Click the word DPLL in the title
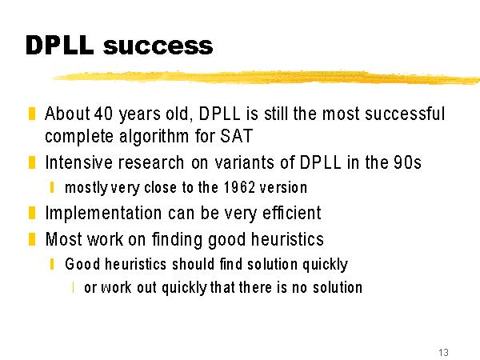point(60,46)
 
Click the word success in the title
point(158,46)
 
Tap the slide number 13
point(443,352)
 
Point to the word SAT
point(236,136)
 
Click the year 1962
point(239,187)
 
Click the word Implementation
point(103,213)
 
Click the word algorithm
point(154,136)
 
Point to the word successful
point(405,114)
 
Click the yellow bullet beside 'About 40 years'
point(32,114)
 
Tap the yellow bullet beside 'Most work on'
point(32,239)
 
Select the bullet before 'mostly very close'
point(52,187)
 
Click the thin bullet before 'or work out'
point(73,287)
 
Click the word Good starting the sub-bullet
point(82,264)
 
